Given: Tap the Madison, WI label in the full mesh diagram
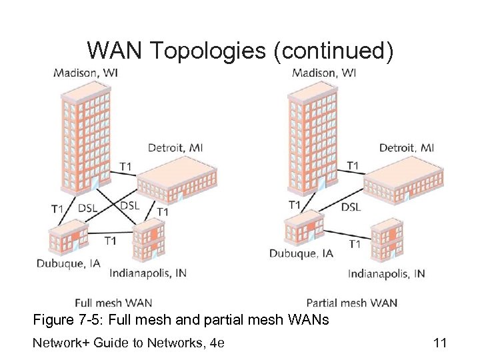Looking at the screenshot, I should pyautogui.click(x=86, y=73).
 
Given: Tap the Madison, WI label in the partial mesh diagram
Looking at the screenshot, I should pyautogui.click(x=324, y=73).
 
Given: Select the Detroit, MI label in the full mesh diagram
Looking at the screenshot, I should pyautogui.click(x=175, y=148).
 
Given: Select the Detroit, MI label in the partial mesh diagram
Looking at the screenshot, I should pyautogui.click(x=407, y=147).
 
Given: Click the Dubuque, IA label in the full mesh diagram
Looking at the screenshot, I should pyautogui.click(x=69, y=263).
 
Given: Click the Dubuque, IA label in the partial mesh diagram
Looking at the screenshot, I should pyautogui.click(x=301, y=253).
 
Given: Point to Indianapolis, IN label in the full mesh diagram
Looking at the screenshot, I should pyautogui.click(x=149, y=273).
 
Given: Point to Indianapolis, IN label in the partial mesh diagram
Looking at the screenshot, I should pyautogui.click(x=387, y=273).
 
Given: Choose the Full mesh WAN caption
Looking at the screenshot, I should pyautogui.click(x=113, y=303).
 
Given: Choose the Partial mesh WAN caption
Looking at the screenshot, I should pyautogui.click(x=351, y=303).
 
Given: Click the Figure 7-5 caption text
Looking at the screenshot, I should pyautogui.click(x=181, y=321).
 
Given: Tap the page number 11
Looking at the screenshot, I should pyautogui.click(x=439, y=343).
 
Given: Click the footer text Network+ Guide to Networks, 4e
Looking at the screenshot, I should pyautogui.click(x=129, y=343).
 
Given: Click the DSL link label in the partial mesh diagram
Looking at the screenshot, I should pyautogui.click(x=351, y=207).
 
